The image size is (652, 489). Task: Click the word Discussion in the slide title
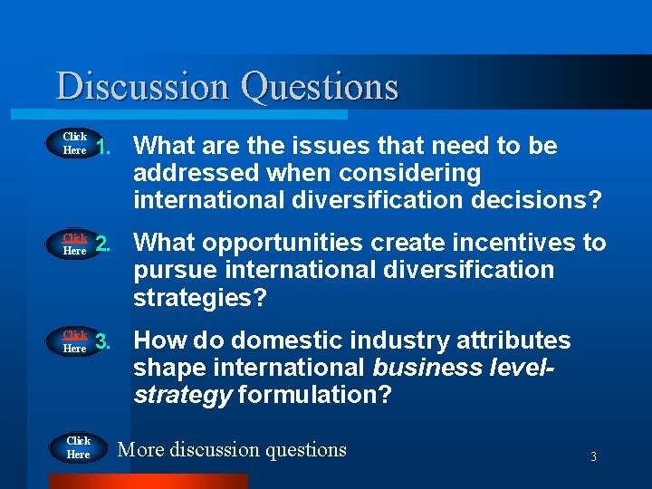pos(144,87)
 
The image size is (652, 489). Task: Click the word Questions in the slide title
pos(319,87)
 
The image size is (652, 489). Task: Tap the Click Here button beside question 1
pos(74,144)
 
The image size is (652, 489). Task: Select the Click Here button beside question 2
pos(74,244)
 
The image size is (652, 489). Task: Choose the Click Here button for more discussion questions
pos(78,448)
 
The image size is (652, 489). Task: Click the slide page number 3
pos(593,457)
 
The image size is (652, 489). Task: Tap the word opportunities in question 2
pos(287,243)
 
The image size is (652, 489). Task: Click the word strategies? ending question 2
pos(199,298)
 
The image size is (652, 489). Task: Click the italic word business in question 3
pos(426,368)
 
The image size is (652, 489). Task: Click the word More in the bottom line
pos(141,449)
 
